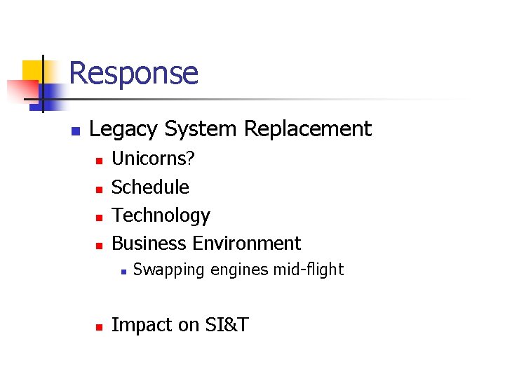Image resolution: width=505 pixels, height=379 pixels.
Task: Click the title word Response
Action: [x=133, y=73]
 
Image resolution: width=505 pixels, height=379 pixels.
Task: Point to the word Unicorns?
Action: [x=154, y=159]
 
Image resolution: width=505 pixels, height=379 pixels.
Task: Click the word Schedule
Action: [x=150, y=187]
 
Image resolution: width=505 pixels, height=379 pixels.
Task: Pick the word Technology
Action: [x=161, y=215]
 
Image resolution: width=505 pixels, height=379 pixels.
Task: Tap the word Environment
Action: [x=247, y=244]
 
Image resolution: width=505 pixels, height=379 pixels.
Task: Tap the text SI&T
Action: [x=227, y=325]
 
